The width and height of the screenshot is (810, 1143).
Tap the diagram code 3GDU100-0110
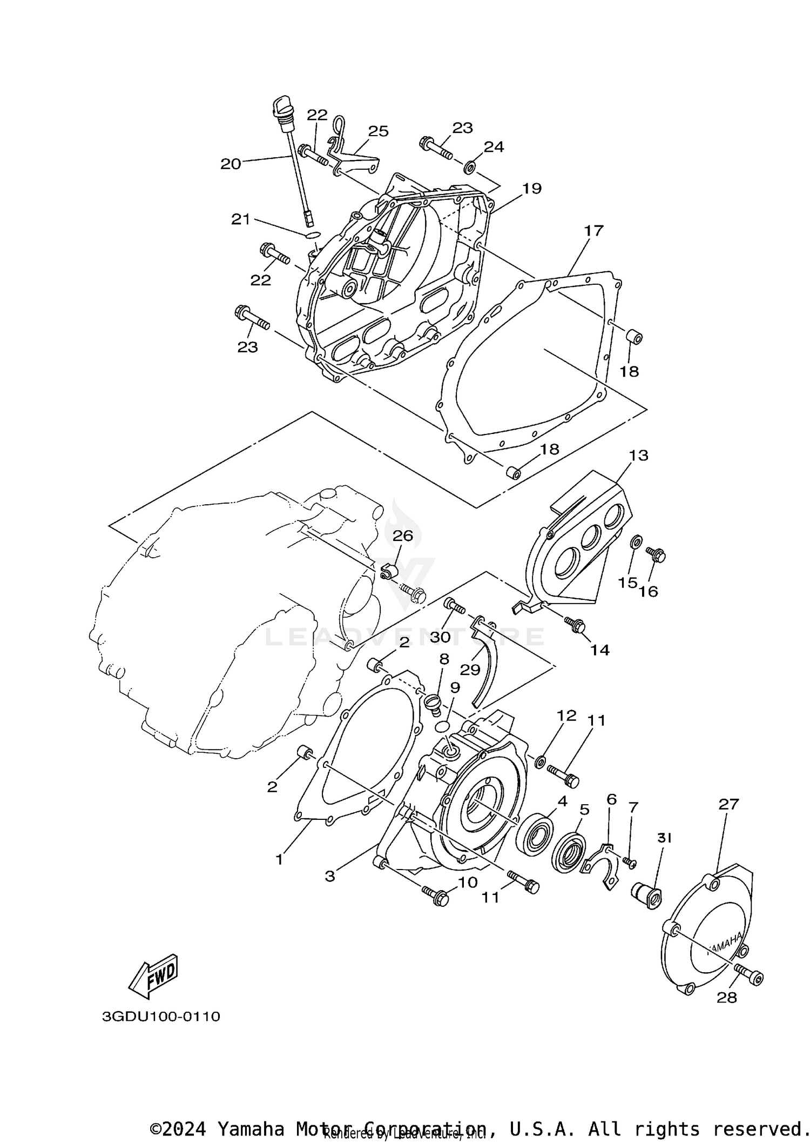coord(161,1017)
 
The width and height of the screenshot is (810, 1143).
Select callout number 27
coord(727,804)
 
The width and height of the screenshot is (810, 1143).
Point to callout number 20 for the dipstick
coord(231,164)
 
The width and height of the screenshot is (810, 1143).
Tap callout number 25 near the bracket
coord(378,131)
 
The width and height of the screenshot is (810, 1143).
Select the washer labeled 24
coord(470,167)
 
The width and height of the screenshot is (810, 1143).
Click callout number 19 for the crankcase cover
coord(531,188)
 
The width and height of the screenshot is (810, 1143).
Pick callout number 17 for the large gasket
coord(593,231)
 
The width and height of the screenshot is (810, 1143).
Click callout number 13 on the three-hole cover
coord(638,455)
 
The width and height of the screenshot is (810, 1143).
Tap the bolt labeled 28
coord(752,977)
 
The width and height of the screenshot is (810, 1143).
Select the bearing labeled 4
coord(535,837)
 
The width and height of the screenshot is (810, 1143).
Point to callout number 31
coord(664,838)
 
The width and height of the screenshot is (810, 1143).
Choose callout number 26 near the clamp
coord(402,536)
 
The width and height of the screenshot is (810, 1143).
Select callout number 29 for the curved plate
coord(470,670)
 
